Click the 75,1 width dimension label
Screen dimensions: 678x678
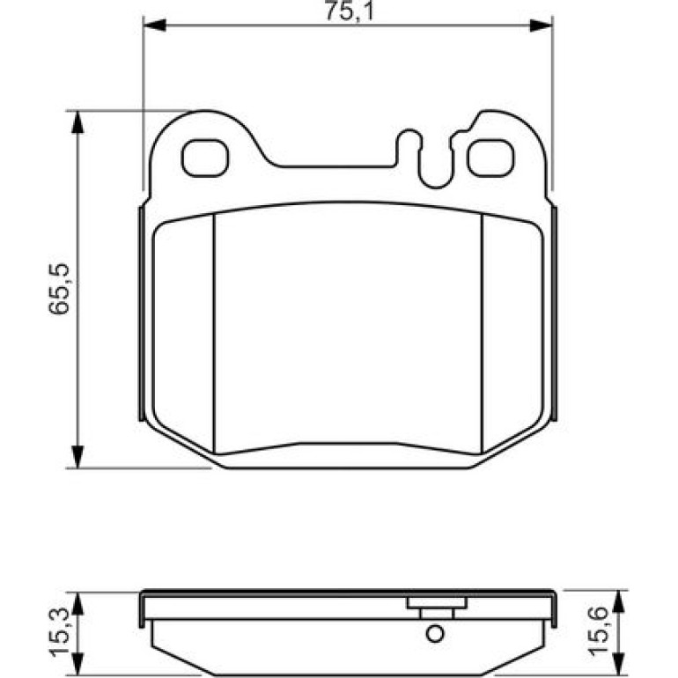point(349,11)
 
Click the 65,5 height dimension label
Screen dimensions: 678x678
point(60,290)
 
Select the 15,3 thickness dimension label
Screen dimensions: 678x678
point(60,631)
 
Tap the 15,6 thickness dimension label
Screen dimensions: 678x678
point(599,630)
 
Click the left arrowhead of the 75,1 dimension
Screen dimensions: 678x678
point(154,25)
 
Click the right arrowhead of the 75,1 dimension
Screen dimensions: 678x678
point(541,25)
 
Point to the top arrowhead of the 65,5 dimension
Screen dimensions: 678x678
point(77,122)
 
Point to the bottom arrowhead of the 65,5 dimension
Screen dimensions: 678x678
point(77,457)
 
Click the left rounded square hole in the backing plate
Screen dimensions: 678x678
point(205,158)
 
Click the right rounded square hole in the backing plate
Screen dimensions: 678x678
point(490,158)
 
